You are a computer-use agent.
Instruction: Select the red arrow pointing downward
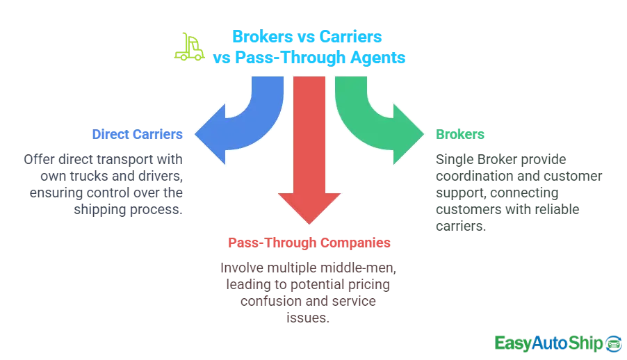309,160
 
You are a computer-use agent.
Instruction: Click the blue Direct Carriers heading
137,133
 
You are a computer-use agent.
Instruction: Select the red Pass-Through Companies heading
309,244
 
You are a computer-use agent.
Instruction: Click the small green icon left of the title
185,46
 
